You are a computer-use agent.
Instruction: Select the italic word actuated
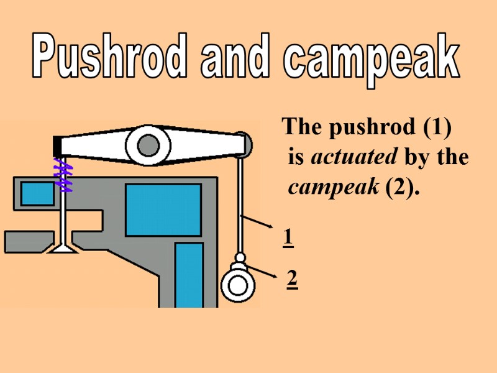353,157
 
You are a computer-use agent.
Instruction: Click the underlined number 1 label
288,237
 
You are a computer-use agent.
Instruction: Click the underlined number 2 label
292,280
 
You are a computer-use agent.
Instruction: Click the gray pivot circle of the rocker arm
148,146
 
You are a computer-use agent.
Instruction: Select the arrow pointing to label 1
257,223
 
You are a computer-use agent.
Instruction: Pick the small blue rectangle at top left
38,193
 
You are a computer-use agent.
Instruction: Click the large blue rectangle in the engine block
163,210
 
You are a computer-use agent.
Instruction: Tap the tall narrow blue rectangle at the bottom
189,274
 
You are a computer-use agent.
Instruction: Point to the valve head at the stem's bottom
62,248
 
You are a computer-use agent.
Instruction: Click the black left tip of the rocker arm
57,145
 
